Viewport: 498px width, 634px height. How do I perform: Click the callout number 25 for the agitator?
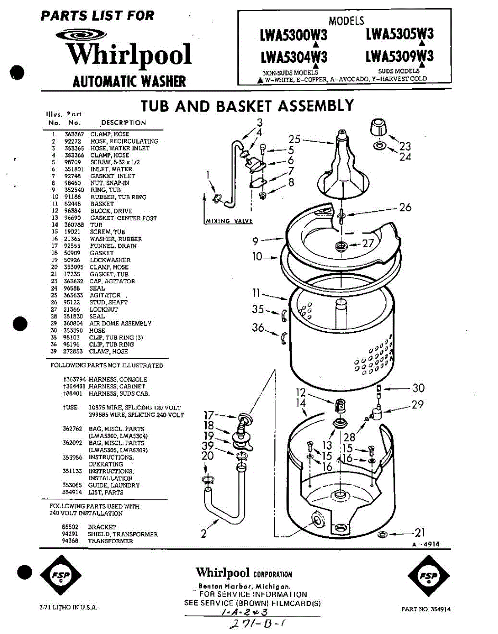point(294,139)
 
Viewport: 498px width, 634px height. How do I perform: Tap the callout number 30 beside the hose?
point(418,388)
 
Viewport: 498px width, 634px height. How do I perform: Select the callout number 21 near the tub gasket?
point(419,533)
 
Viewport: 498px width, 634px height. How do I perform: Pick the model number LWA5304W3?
point(293,56)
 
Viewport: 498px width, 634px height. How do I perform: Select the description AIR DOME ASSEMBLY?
point(121,323)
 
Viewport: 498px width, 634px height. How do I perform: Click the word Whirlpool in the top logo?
point(128,54)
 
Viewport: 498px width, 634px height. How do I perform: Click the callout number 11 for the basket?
point(256,293)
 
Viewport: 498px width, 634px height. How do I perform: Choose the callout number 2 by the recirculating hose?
point(204,534)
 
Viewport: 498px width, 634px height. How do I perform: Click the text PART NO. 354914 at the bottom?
point(426,609)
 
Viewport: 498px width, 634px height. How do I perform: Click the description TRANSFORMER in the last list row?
point(110,541)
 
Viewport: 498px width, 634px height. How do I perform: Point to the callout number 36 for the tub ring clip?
point(258,328)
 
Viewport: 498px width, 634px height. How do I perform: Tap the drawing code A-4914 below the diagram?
point(425,545)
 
